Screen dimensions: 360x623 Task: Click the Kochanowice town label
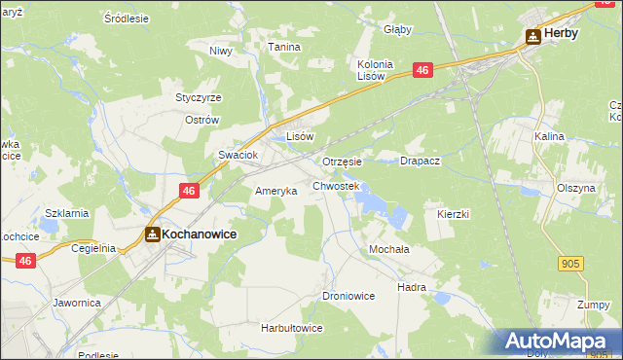point(200,234)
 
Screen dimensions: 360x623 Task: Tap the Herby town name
point(561,33)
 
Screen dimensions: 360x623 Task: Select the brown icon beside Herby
point(533,36)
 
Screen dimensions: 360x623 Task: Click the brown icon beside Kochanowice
point(153,234)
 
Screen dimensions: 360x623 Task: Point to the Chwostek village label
point(336,185)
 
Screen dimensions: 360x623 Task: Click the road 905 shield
point(572,264)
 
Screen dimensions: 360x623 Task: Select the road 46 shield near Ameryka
point(190,191)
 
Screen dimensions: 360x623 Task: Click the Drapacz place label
point(421,161)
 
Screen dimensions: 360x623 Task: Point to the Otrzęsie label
point(342,162)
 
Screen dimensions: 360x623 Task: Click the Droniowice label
point(348,295)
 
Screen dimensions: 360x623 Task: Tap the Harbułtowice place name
point(291,328)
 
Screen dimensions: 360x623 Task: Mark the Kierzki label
point(454,213)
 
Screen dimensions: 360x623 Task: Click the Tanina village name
point(284,47)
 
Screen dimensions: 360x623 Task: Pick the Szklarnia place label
point(67,213)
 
